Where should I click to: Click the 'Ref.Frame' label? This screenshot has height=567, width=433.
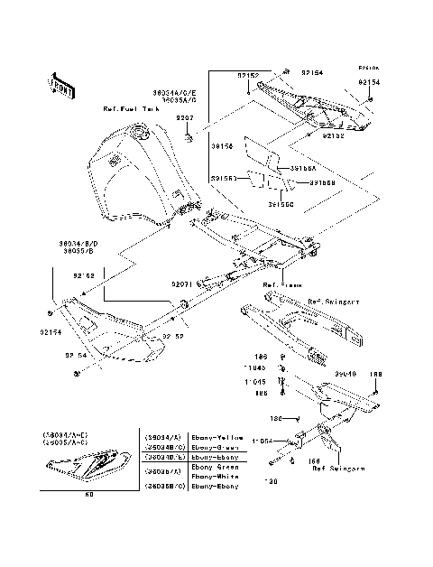click(x=281, y=284)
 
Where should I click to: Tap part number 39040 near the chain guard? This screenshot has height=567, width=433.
click(x=345, y=371)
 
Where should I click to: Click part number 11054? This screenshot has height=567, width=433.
click(x=263, y=439)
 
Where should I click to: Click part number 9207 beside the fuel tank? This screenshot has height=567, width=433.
click(x=184, y=118)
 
